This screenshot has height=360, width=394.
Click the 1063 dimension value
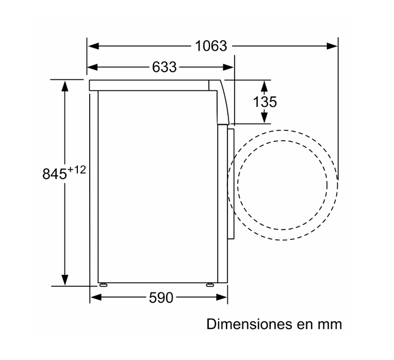(x=211, y=46)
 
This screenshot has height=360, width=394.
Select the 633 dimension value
(x=164, y=67)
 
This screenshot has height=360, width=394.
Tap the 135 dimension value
(x=265, y=102)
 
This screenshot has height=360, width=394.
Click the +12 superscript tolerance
(x=76, y=170)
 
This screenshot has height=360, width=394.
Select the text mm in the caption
(x=330, y=325)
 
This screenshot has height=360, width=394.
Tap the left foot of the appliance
(x=103, y=284)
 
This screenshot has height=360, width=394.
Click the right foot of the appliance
(x=210, y=284)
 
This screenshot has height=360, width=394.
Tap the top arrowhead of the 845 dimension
(x=65, y=85)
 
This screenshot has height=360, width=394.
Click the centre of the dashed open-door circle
(x=283, y=185)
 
